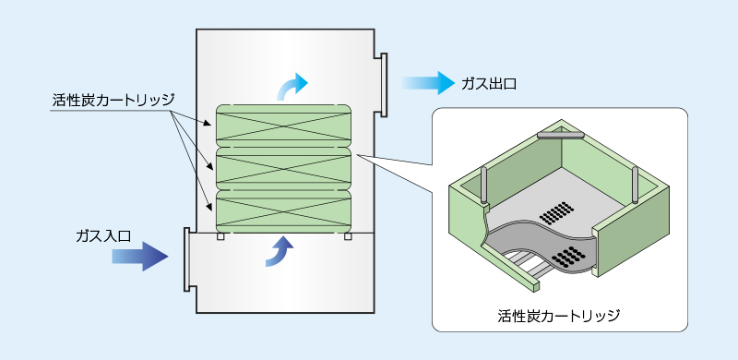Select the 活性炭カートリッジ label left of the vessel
point(113,99)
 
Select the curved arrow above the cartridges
point(292,85)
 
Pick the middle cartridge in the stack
point(283,168)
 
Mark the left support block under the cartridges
point(220,237)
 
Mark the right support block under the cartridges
point(347,237)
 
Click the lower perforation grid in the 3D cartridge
point(571,257)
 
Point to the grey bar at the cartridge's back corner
point(562,135)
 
